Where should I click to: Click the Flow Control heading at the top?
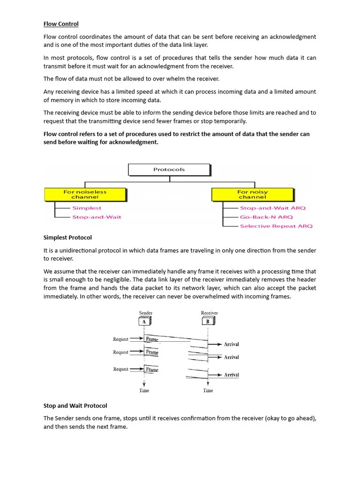pyautogui.click(x=61, y=24)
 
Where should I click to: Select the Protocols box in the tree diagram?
pyautogui.click(x=169, y=169)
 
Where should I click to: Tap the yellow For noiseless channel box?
pyautogui.click(x=85, y=195)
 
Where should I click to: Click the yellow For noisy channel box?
pyautogui.click(x=252, y=195)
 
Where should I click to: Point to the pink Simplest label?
pyautogui.click(x=87, y=208)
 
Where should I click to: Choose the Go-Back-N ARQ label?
pyautogui.click(x=266, y=217)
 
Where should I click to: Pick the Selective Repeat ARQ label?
pyautogui.click(x=276, y=226)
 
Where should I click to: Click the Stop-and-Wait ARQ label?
pyautogui.click(x=272, y=208)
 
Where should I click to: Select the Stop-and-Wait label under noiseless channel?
pyautogui.click(x=97, y=217)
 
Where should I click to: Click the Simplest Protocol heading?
pyautogui.click(x=67, y=237)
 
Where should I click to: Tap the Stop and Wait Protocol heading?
pyautogui.click(x=75, y=405)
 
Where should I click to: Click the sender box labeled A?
pyautogui.click(x=145, y=322)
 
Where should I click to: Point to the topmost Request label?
pyautogui.click(x=120, y=339)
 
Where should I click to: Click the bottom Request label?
pyautogui.click(x=120, y=369)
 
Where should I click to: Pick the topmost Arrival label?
pyautogui.click(x=231, y=344)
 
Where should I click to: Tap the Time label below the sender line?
pyautogui.click(x=144, y=390)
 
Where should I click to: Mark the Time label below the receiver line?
pyautogui.click(x=208, y=390)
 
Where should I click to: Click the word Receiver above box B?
pyautogui.click(x=209, y=313)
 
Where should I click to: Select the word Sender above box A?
pyautogui.click(x=146, y=313)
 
